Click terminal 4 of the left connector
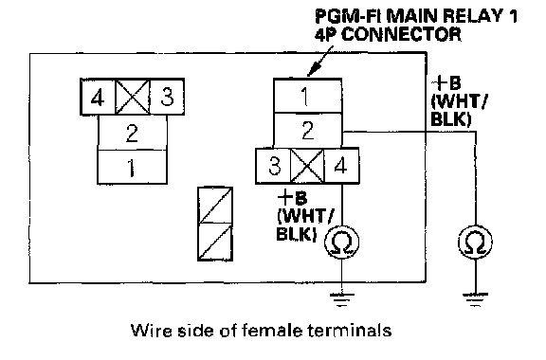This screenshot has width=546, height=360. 98,97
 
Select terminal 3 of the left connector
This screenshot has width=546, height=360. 167,97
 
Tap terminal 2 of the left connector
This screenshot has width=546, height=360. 132,133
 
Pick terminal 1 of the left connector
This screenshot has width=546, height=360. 132,167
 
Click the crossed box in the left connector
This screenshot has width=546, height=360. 133,97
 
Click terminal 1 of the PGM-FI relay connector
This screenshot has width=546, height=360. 307,96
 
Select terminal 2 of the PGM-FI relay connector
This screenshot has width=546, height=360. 307,130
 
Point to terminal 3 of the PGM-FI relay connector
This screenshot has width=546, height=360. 273,166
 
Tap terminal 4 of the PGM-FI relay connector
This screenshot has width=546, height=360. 341,166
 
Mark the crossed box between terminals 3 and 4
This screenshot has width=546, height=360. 307,166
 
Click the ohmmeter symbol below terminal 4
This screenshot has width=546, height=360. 341,242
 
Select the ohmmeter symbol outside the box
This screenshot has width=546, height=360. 475,242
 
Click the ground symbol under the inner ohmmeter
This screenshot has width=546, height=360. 341,299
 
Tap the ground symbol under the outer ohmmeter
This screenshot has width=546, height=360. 475,299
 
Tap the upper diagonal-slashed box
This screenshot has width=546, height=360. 215,205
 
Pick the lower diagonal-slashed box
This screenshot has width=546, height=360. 215,242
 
